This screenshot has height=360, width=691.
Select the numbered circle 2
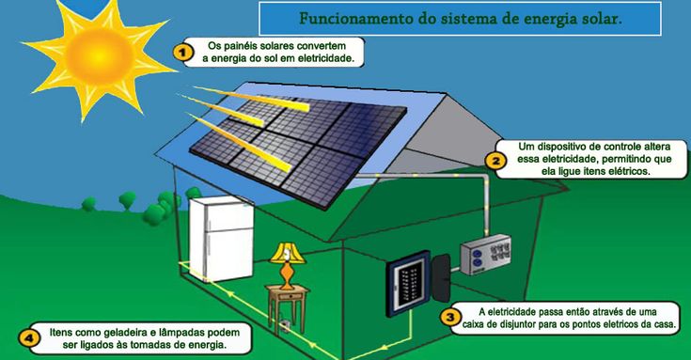tap(497, 160)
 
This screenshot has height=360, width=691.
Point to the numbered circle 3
tap(451, 317)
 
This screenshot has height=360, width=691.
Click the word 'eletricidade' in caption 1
tap(323, 57)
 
